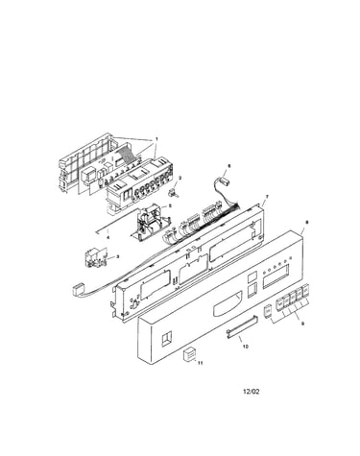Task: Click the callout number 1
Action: [156, 139]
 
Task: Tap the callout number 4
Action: [108, 238]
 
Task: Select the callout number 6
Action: [228, 166]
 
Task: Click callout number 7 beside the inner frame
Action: [263, 196]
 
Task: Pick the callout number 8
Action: [307, 222]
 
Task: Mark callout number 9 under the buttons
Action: [303, 324]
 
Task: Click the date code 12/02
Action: [252, 392]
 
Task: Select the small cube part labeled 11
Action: [189, 355]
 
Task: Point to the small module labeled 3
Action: [94, 257]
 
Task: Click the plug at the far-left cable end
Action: [76, 291]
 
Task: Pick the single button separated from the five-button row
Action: [267, 311]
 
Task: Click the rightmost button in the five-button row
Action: [305, 291]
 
